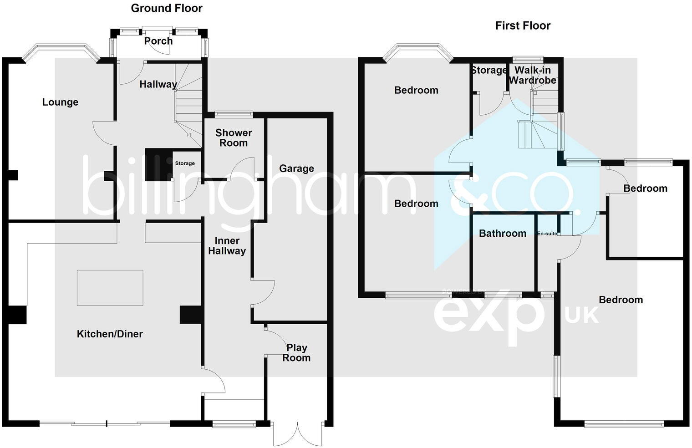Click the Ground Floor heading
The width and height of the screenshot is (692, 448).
tap(167, 8)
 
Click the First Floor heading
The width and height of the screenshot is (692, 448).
tap(523, 25)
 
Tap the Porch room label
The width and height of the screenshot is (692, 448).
tap(158, 41)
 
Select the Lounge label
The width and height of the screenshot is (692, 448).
tap(60, 102)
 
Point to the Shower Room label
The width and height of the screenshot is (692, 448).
tap(234, 137)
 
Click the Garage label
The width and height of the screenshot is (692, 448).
tap(296, 168)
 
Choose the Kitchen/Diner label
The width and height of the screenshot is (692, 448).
tap(110, 334)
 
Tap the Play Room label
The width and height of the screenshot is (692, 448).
tap(296, 352)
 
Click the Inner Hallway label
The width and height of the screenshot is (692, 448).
tap(227, 245)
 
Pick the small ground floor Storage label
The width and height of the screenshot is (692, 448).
tap(185, 163)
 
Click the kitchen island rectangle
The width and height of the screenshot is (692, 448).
tap(110, 288)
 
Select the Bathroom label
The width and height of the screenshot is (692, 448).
tap(503, 233)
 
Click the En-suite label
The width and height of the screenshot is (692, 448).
tap(547, 234)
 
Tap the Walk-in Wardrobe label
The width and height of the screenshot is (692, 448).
tap(532, 75)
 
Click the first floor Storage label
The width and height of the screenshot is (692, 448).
tap(489, 70)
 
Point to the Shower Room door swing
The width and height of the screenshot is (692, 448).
tap(242, 168)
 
